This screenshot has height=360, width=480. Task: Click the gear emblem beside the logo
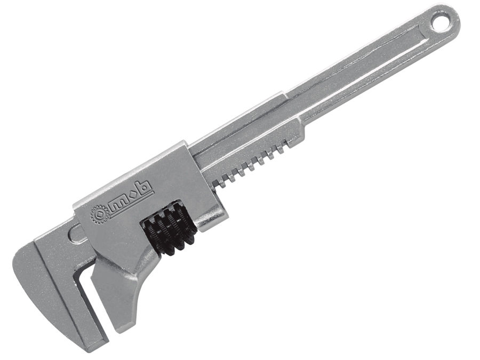click(99, 213)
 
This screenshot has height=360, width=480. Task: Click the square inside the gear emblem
click(100, 213)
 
